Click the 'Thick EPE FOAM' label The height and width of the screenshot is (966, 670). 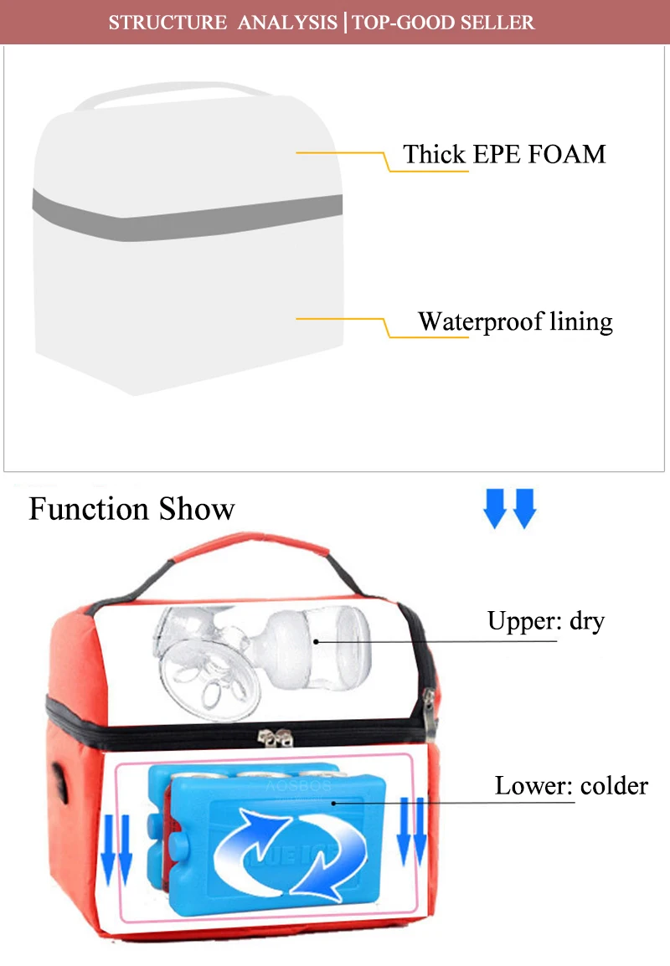pyautogui.click(x=504, y=154)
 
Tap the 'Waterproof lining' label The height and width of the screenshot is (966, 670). pyautogui.click(x=515, y=321)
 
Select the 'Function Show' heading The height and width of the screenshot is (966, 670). pyautogui.click(x=132, y=509)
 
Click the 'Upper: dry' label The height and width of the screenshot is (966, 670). pyautogui.click(x=545, y=621)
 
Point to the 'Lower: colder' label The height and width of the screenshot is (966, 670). pyautogui.click(x=571, y=786)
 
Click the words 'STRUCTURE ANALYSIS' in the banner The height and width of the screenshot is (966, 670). pyautogui.click(x=221, y=22)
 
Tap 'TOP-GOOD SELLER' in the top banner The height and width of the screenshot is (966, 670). pyautogui.click(x=443, y=22)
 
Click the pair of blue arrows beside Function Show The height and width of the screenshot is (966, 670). pyautogui.click(x=509, y=510)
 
